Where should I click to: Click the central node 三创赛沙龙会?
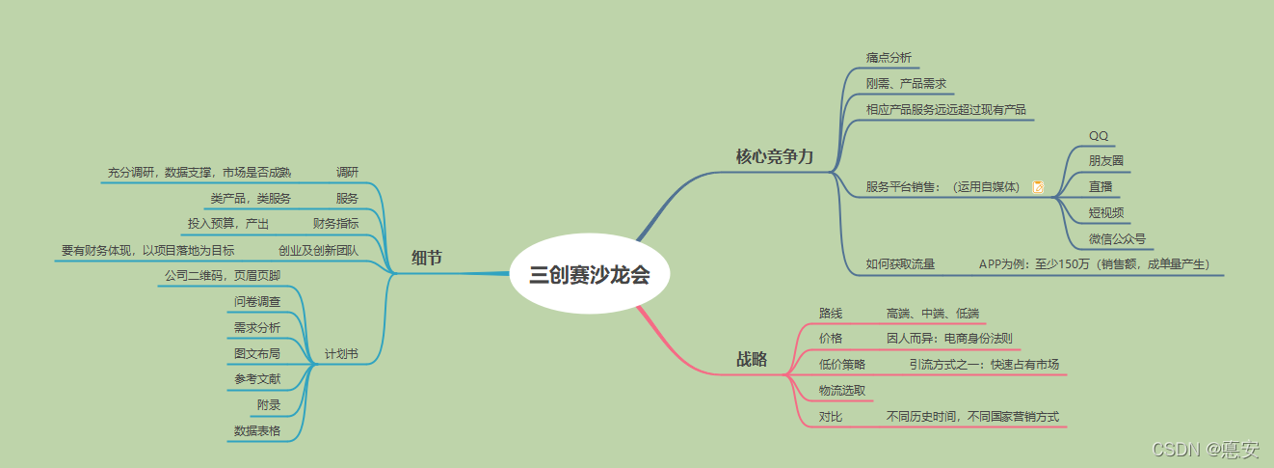(x=589, y=275)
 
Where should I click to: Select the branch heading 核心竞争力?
(x=774, y=156)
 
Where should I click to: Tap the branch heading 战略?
(x=752, y=359)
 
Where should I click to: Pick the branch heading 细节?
(x=426, y=258)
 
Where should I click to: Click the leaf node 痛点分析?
(x=888, y=57)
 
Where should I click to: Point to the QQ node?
(x=1099, y=135)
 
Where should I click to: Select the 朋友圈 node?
(x=1105, y=161)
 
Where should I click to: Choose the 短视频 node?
(x=1105, y=212)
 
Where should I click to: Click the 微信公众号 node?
(x=1117, y=238)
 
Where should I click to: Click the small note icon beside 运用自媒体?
(x=1038, y=187)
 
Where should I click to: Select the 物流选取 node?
(x=841, y=390)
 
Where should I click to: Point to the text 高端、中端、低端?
(x=932, y=313)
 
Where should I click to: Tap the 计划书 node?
(x=341, y=354)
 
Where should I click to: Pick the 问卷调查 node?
(x=257, y=301)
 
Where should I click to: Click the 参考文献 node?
(x=257, y=379)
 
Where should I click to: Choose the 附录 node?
(x=269, y=405)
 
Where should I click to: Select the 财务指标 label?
(x=335, y=224)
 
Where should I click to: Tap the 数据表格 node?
(x=257, y=431)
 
